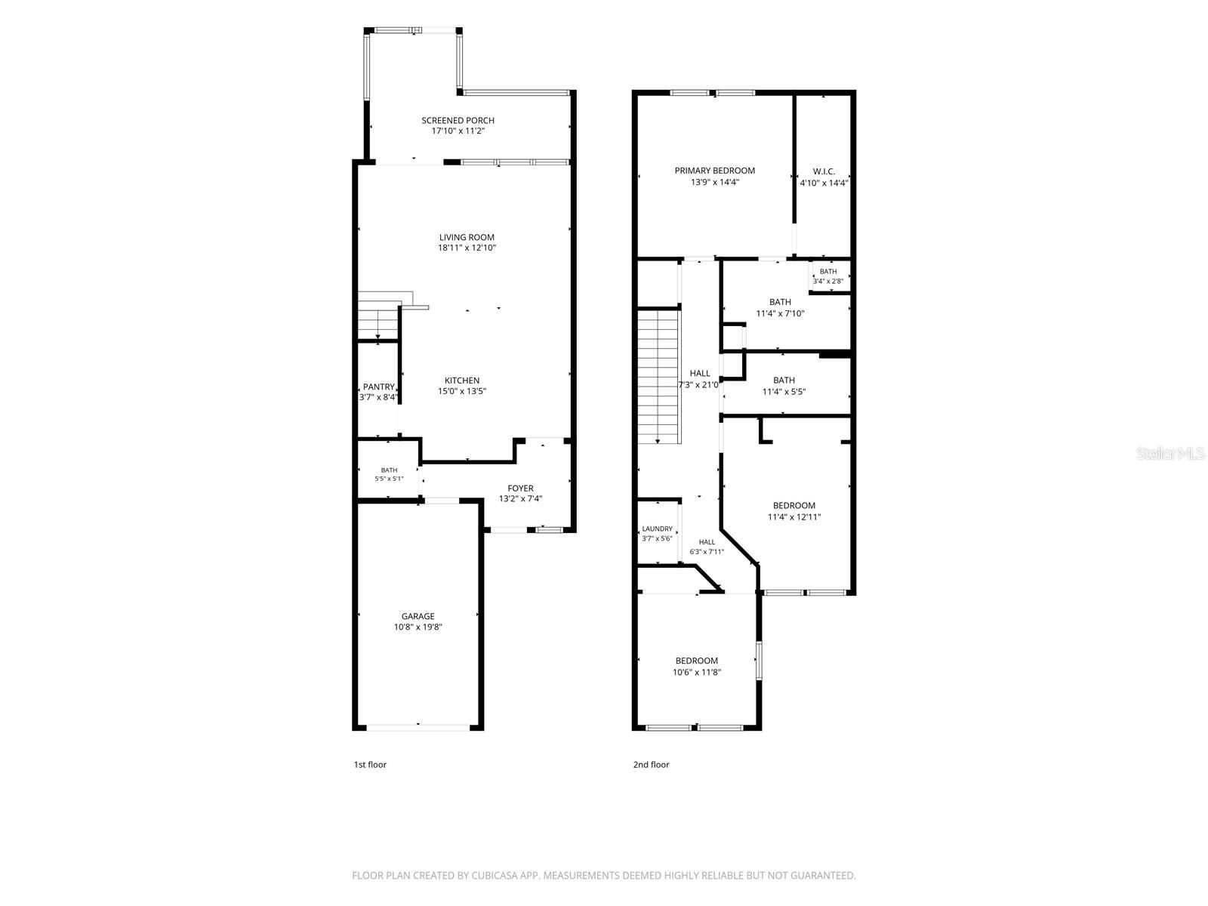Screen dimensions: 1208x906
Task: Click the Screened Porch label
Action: pyautogui.click(x=458, y=121)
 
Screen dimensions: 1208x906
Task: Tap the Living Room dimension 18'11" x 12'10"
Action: pyautogui.click(x=467, y=248)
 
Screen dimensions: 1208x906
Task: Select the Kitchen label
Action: pyautogui.click(x=462, y=381)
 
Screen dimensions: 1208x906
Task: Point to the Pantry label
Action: pyautogui.click(x=379, y=387)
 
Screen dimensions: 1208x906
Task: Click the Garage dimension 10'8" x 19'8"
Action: pyautogui.click(x=418, y=627)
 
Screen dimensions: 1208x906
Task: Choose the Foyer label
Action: pyautogui.click(x=520, y=488)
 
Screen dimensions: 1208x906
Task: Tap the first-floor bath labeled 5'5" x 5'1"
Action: pyautogui.click(x=389, y=474)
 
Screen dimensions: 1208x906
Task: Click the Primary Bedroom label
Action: pyautogui.click(x=715, y=171)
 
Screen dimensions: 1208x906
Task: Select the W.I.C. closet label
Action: pyautogui.click(x=824, y=171)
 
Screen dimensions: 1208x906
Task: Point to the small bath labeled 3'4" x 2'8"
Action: pyautogui.click(x=828, y=276)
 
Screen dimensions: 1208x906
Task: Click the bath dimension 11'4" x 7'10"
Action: pyautogui.click(x=781, y=313)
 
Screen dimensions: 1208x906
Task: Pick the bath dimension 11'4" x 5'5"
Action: pyautogui.click(x=784, y=392)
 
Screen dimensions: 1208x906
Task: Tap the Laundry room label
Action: pyautogui.click(x=657, y=529)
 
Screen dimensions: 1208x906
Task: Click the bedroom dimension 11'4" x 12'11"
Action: pyautogui.click(x=794, y=517)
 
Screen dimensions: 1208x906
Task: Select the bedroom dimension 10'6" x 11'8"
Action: pyautogui.click(x=697, y=672)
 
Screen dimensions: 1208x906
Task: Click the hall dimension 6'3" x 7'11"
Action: pyautogui.click(x=707, y=552)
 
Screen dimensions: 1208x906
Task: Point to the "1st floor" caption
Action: pyautogui.click(x=370, y=765)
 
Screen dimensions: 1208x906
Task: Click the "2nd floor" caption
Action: pyautogui.click(x=651, y=765)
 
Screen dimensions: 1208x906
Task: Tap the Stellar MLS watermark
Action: pyautogui.click(x=1170, y=454)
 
